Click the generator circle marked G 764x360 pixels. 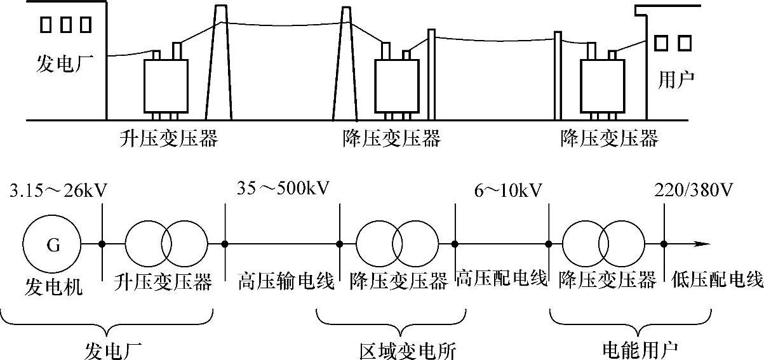pyautogui.click(x=51, y=243)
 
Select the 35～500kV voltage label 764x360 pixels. pyautogui.click(x=283, y=189)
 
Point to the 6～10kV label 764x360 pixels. pyautogui.click(x=507, y=190)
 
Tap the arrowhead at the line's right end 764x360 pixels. pyautogui.click(x=701, y=243)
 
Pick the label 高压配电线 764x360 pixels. pyautogui.click(x=502, y=279)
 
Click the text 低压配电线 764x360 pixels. pyautogui.click(x=716, y=280)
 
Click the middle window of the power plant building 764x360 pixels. pyautogui.click(x=66, y=24)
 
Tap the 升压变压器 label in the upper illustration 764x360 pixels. pyautogui.click(x=169, y=138)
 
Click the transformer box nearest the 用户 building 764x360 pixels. pyautogui.click(x=602, y=86)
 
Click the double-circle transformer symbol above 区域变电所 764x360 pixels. pyautogui.click(x=397, y=243)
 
